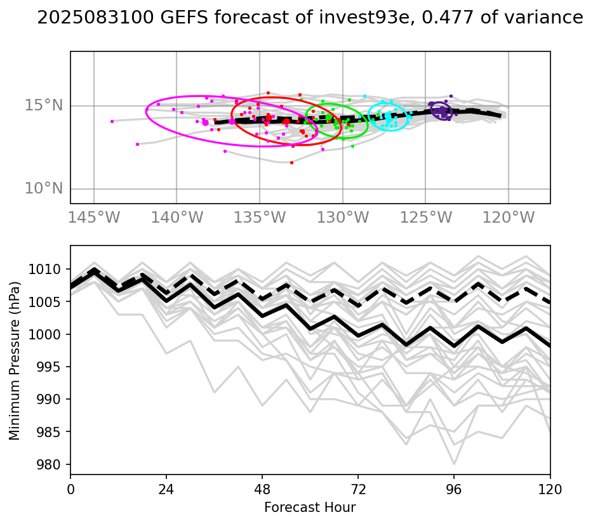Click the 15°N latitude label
pos(43,105)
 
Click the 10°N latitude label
pos(43,188)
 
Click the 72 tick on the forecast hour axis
pos(358,489)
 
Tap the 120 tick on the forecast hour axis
pos(550,489)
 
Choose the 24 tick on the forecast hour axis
pos(166,489)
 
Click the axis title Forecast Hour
pos(310,508)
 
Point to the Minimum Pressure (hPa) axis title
pos(15,360)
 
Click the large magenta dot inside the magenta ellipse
pos(205,122)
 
